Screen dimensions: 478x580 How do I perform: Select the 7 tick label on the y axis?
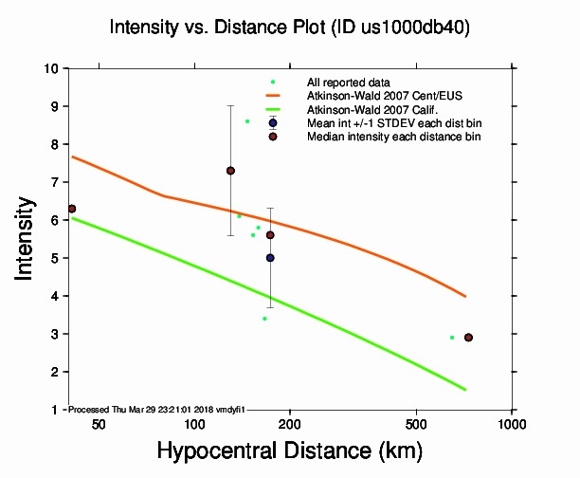pos(58,182)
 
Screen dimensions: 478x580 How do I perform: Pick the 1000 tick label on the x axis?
pos(512,424)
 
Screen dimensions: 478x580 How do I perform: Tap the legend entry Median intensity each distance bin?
pos(393,137)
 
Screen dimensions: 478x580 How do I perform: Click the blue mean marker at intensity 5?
pos(270,258)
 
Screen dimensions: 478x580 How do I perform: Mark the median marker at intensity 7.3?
pos(230,171)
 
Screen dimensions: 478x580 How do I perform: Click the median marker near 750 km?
pos(468,338)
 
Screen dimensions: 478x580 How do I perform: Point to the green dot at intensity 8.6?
pos(247,121)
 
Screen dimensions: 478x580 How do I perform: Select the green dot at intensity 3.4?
pos(264,319)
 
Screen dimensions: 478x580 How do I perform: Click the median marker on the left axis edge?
pos(72,209)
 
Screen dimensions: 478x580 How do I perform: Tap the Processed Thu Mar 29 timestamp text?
pos(156,409)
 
